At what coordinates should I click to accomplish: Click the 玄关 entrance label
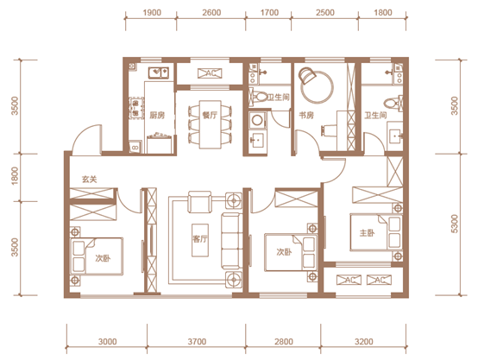(90, 179)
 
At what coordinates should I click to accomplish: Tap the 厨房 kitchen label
(157, 115)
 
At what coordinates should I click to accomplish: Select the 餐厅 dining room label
(210, 115)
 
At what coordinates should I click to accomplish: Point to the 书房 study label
(306, 116)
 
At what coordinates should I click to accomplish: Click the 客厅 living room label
(200, 239)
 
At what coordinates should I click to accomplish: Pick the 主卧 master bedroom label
(367, 233)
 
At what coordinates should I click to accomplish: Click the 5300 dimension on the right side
(454, 224)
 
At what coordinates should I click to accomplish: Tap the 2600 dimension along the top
(211, 12)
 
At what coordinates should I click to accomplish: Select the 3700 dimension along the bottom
(197, 341)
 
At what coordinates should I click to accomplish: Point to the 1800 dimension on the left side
(15, 176)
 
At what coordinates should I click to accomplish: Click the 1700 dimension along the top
(269, 12)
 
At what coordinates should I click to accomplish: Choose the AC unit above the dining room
(210, 73)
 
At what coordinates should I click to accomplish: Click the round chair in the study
(307, 76)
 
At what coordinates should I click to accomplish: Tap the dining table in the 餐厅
(210, 124)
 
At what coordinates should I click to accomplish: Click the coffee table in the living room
(200, 240)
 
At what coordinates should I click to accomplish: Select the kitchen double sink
(159, 73)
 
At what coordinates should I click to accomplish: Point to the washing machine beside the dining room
(257, 120)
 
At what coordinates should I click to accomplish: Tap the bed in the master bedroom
(376, 232)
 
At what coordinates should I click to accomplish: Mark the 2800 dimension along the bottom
(284, 341)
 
